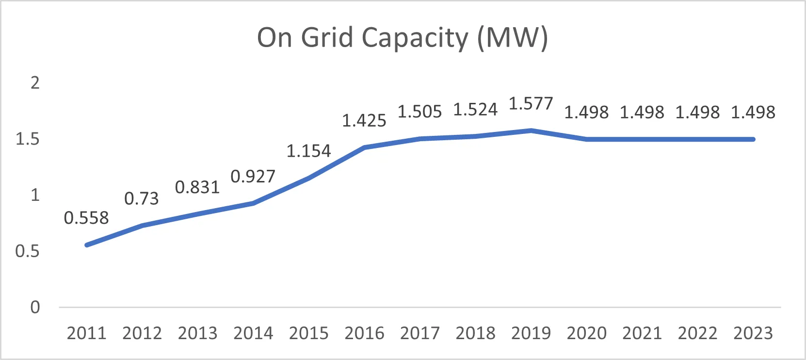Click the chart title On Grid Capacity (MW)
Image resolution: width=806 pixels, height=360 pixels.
coord(403,38)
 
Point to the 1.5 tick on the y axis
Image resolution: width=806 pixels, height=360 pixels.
coord(27,139)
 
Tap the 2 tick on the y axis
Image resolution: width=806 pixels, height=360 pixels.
coord(35,83)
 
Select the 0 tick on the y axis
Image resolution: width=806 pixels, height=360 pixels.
coord(35,307)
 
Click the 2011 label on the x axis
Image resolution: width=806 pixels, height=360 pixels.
coord(86,333)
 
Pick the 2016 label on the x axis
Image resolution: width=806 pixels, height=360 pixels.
coord(364,333)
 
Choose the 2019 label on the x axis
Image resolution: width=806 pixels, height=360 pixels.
coord(531,333)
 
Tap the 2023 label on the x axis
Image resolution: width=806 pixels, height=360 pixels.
coord(753,333)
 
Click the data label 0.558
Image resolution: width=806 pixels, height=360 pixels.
coord(86,218)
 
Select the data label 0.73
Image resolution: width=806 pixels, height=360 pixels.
coord(142,198)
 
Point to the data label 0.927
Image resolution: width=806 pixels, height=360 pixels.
coord(253,177)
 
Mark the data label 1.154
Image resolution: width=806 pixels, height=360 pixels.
coord(308,151)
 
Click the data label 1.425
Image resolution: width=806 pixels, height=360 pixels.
coord(364,121)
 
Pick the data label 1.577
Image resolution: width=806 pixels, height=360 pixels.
coord(531,104)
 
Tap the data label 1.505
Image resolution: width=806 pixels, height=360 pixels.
coord(420,112)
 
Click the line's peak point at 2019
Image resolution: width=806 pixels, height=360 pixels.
coord(531,131)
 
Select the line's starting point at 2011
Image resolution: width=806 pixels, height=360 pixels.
coord(87,245)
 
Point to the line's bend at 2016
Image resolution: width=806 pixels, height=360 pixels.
coord(364,147)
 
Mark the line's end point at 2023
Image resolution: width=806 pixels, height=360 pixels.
coord(753,139)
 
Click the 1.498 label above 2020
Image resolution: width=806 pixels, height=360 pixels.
coord(586,113)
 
